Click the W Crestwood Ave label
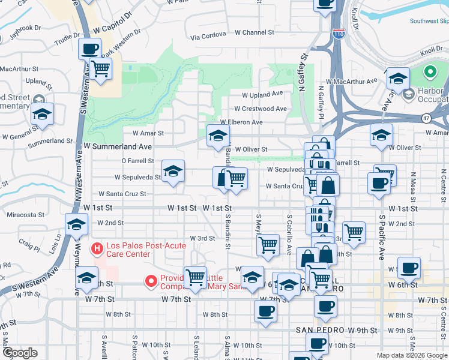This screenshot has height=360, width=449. click(261, 109)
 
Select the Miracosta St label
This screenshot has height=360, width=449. click(25, 214)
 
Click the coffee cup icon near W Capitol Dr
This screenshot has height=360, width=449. click(90, 49)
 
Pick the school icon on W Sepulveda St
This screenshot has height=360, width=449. click(173, 172)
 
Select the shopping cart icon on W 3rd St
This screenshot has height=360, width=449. click(268, 244)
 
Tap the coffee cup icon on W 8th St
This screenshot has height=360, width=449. click(265, 311)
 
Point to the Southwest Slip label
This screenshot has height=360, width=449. click(429, 20)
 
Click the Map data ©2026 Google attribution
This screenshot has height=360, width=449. click(412, 355)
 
